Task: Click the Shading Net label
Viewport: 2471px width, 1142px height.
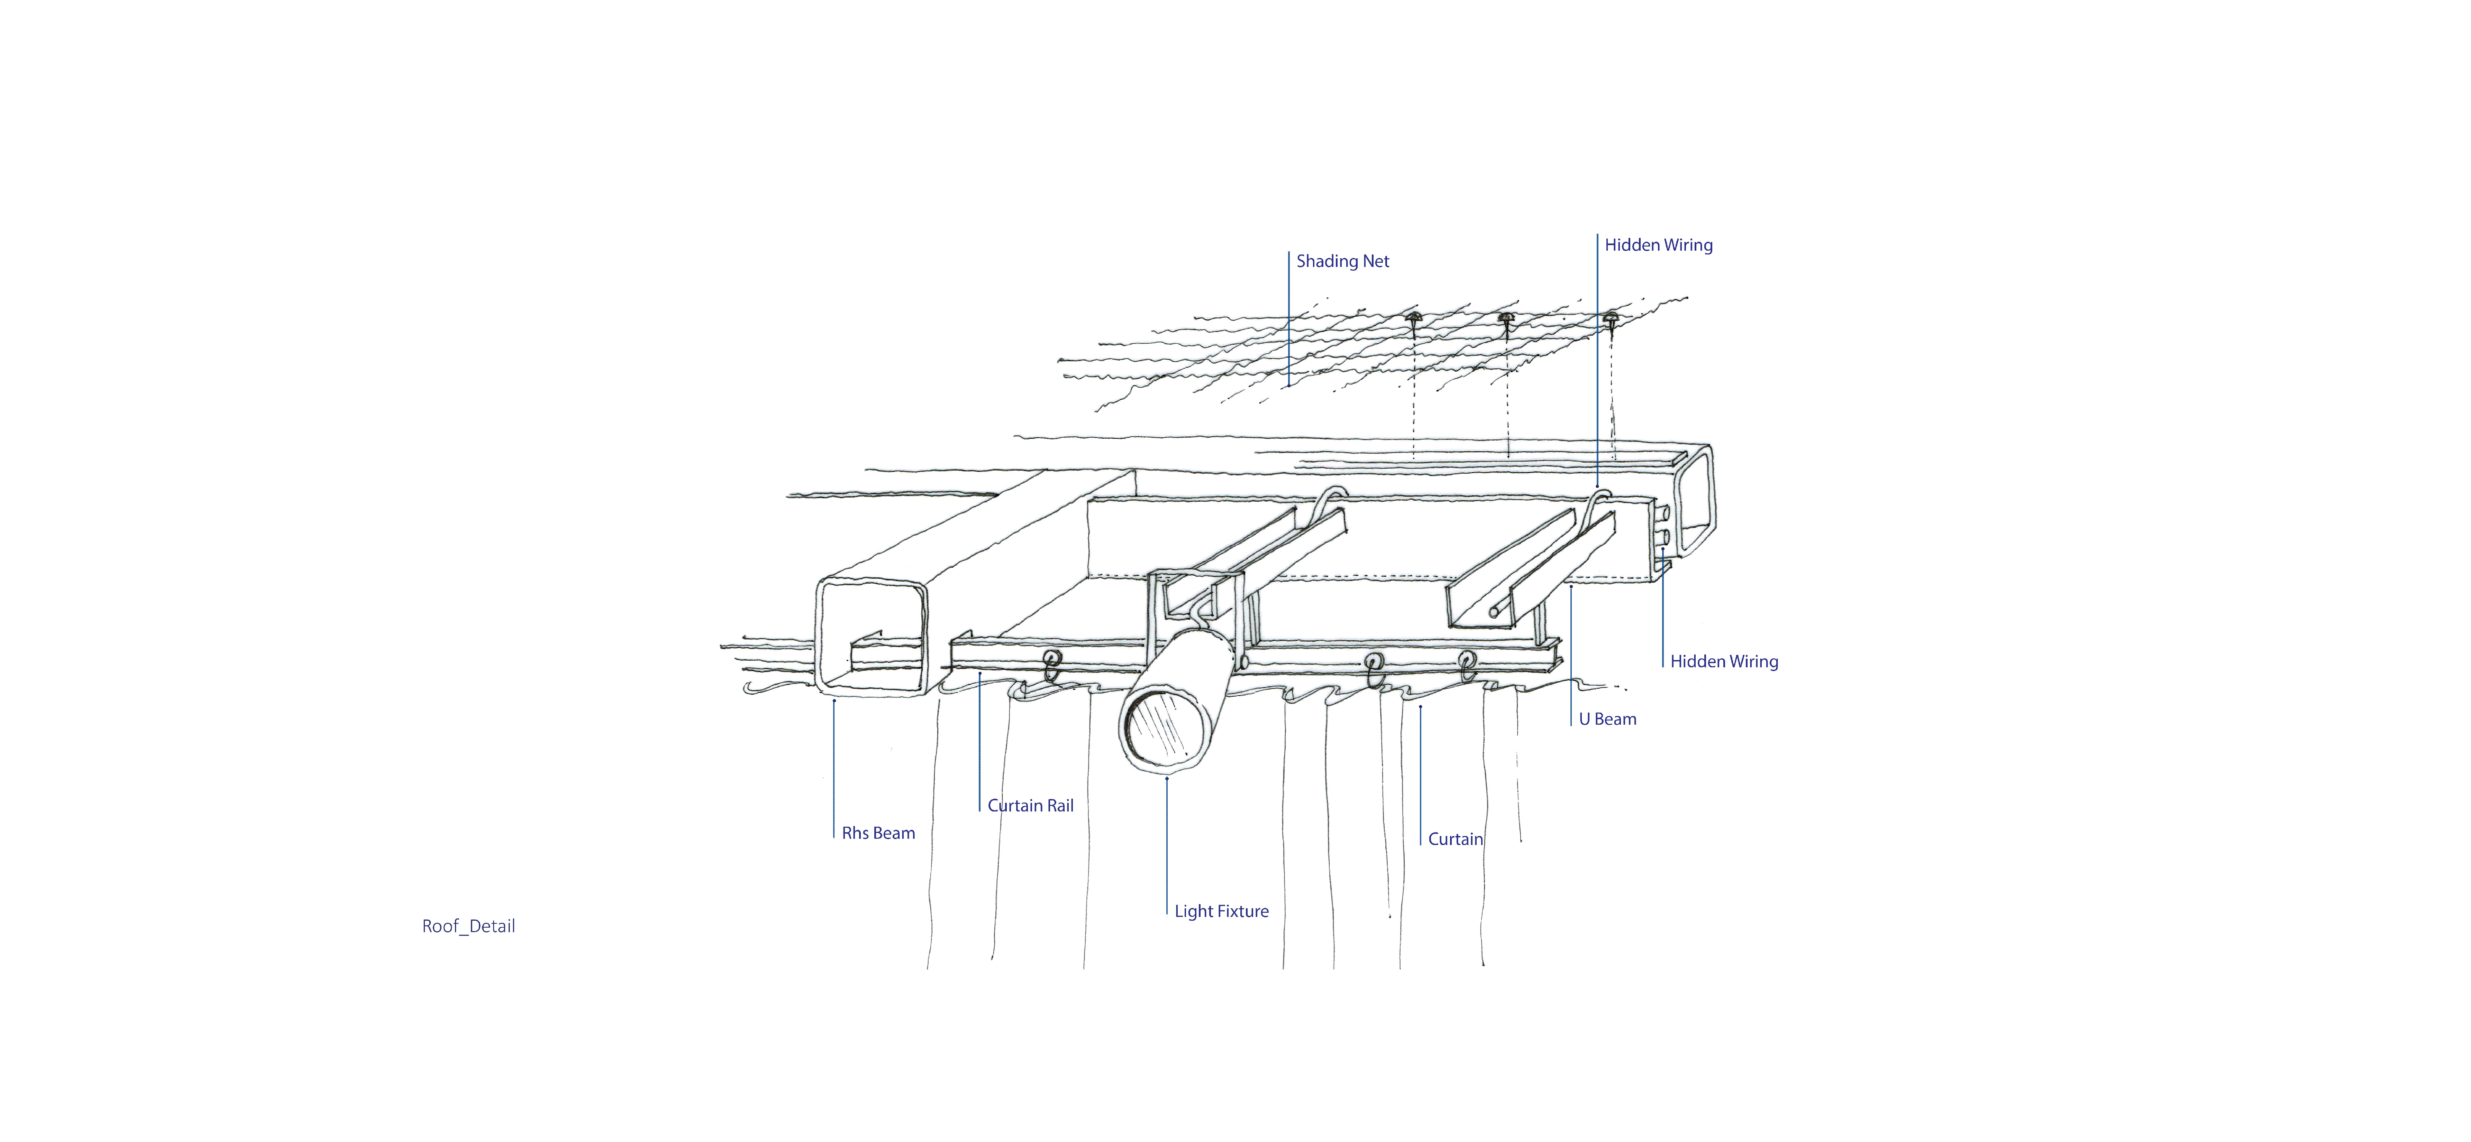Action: [x=1342, y=261]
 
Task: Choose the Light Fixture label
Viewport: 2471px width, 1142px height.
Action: [x=1221, y=911]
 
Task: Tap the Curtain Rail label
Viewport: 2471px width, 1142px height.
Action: [x=1030, y=806]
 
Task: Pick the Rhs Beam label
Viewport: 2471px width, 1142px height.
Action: [x=878, y=833]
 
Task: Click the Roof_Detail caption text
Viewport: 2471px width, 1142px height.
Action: [x=468, y=926]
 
